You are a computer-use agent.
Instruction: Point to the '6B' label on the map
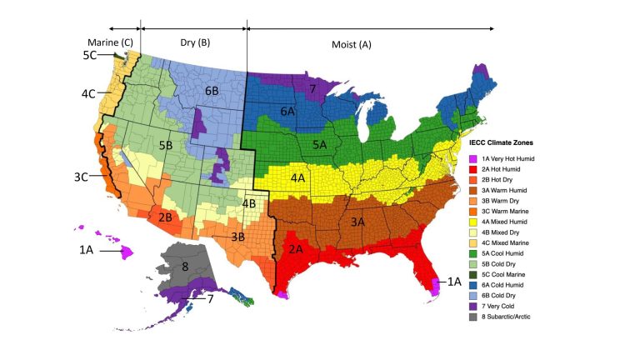pos(210,90)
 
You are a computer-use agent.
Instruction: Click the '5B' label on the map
pos(166,145)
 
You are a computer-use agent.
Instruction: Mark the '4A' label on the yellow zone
pos(298,177)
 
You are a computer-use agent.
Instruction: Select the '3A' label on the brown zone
pos(358,222)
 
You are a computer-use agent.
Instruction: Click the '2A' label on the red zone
pos(296,247)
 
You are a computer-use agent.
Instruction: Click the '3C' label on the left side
pos(82,177)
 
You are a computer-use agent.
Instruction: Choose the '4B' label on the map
pos(248,202)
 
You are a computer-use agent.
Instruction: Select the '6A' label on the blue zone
pos(287,111)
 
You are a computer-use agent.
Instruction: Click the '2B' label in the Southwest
pos(165,217)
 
